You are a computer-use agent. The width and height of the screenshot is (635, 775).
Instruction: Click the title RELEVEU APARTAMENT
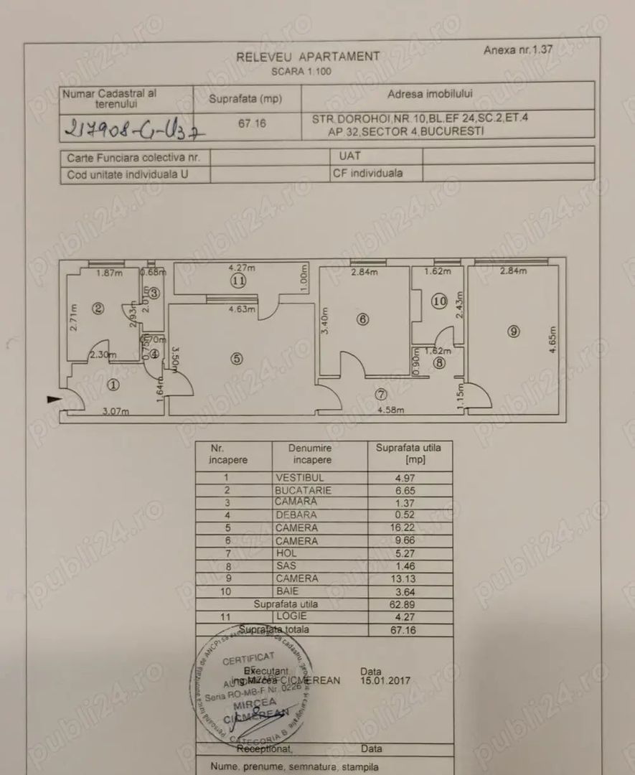click(x=309, y=56)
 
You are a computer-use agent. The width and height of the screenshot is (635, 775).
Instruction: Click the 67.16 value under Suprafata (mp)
click(x=252, y=123)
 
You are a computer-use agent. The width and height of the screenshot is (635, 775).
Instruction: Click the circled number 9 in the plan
click(x=512, y=331)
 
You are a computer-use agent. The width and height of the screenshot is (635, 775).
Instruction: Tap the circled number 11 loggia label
click(x=237, y=281)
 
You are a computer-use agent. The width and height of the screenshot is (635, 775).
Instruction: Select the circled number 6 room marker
click(x=363, y=320)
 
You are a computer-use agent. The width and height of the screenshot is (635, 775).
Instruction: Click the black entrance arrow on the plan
click(x=54, y=400)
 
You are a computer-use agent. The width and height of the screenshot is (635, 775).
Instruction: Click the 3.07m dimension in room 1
click(x=116, y=411)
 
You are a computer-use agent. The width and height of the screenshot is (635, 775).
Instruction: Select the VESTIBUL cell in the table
click(x=300, y=477)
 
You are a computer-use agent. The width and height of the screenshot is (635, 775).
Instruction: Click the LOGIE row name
click(x=292, y=616)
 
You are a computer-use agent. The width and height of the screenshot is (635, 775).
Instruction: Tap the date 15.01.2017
click(x=386, y=680)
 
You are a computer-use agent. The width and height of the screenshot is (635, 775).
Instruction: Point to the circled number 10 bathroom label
click(x=440, y=302)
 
